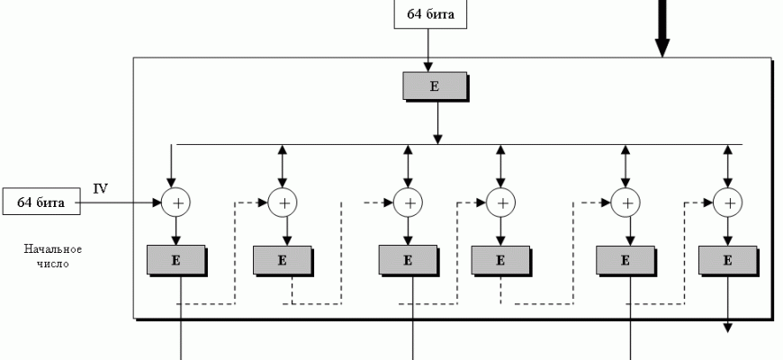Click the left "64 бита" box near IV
(x=41, y=203)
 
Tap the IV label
(x=101, y=189)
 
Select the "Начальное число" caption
(x=53, y=256)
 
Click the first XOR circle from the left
(x=176, y=203)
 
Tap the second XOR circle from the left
(x=284, y=203)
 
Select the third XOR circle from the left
(x=408, y=203)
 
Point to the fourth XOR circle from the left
(x=500, y=203)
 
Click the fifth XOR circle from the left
(x=625, y=203)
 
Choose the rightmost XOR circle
(x=728, y=203)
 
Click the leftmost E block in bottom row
(x=176, y=260)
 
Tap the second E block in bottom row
(x=283, y=260)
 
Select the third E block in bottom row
(x=408, y=260)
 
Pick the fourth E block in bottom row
(x=500, y=260)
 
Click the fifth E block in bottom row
(x=625, y=260)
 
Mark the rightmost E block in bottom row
(x=728, y=260)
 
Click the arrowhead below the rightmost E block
(x=728, y=328)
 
